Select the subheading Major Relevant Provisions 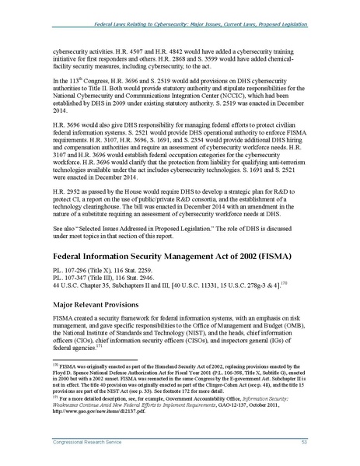[x=95, y=305]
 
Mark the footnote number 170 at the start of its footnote [x=46, y=363]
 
